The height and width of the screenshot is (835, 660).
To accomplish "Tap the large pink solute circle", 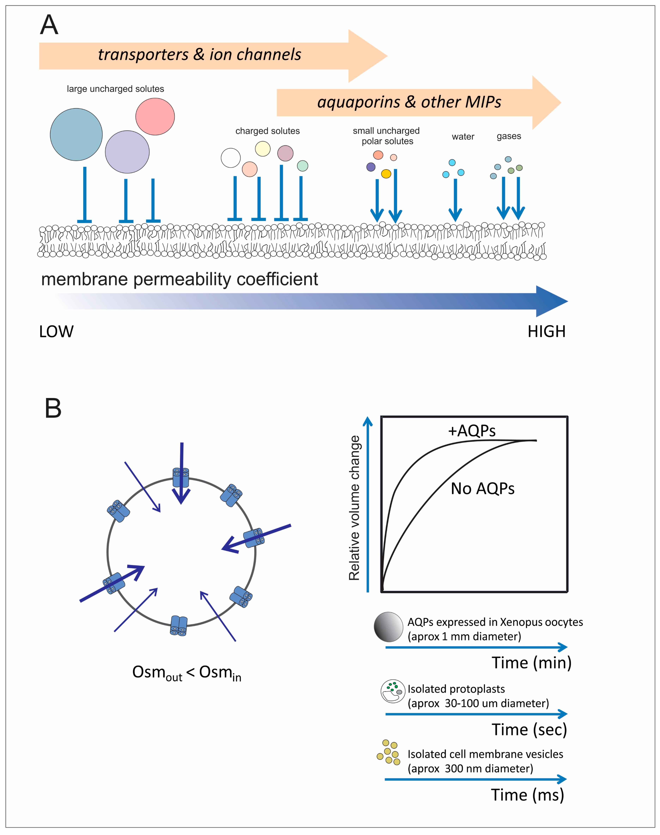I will [x=155, y=116].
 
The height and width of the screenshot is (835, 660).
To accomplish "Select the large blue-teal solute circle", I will [x=76, y=135].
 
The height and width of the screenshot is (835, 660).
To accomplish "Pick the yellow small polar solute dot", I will [x=386, y=174].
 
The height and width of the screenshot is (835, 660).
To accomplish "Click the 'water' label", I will [x=463, y=136].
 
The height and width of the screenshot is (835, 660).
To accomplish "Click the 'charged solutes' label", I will [x=267, y=131].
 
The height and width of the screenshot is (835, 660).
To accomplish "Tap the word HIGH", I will [x=546, y=332].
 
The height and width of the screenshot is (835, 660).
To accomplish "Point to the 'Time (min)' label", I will [x=531, y=663].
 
